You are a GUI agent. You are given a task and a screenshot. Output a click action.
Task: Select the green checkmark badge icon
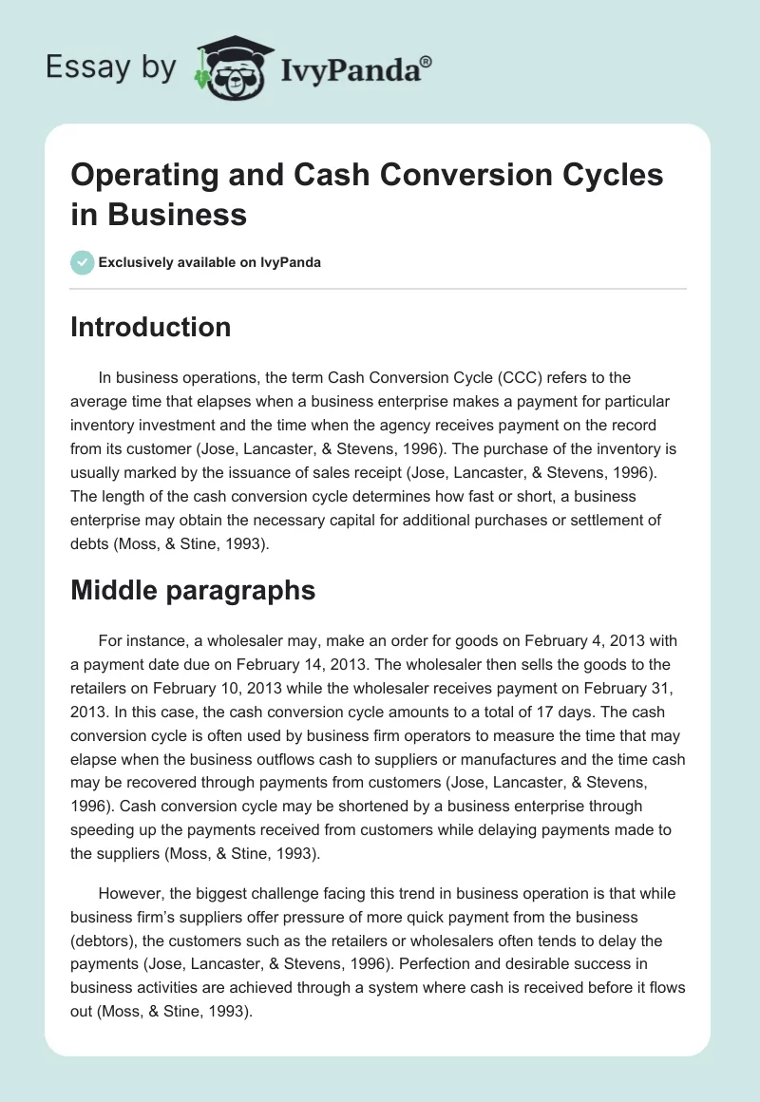pos(83,262)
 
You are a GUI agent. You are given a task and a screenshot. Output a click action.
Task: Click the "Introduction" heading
pos(151,327)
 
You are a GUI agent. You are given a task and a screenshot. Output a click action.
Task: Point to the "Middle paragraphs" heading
pos(193,590)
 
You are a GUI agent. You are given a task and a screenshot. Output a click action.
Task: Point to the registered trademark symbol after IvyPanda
pos(427,61)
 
